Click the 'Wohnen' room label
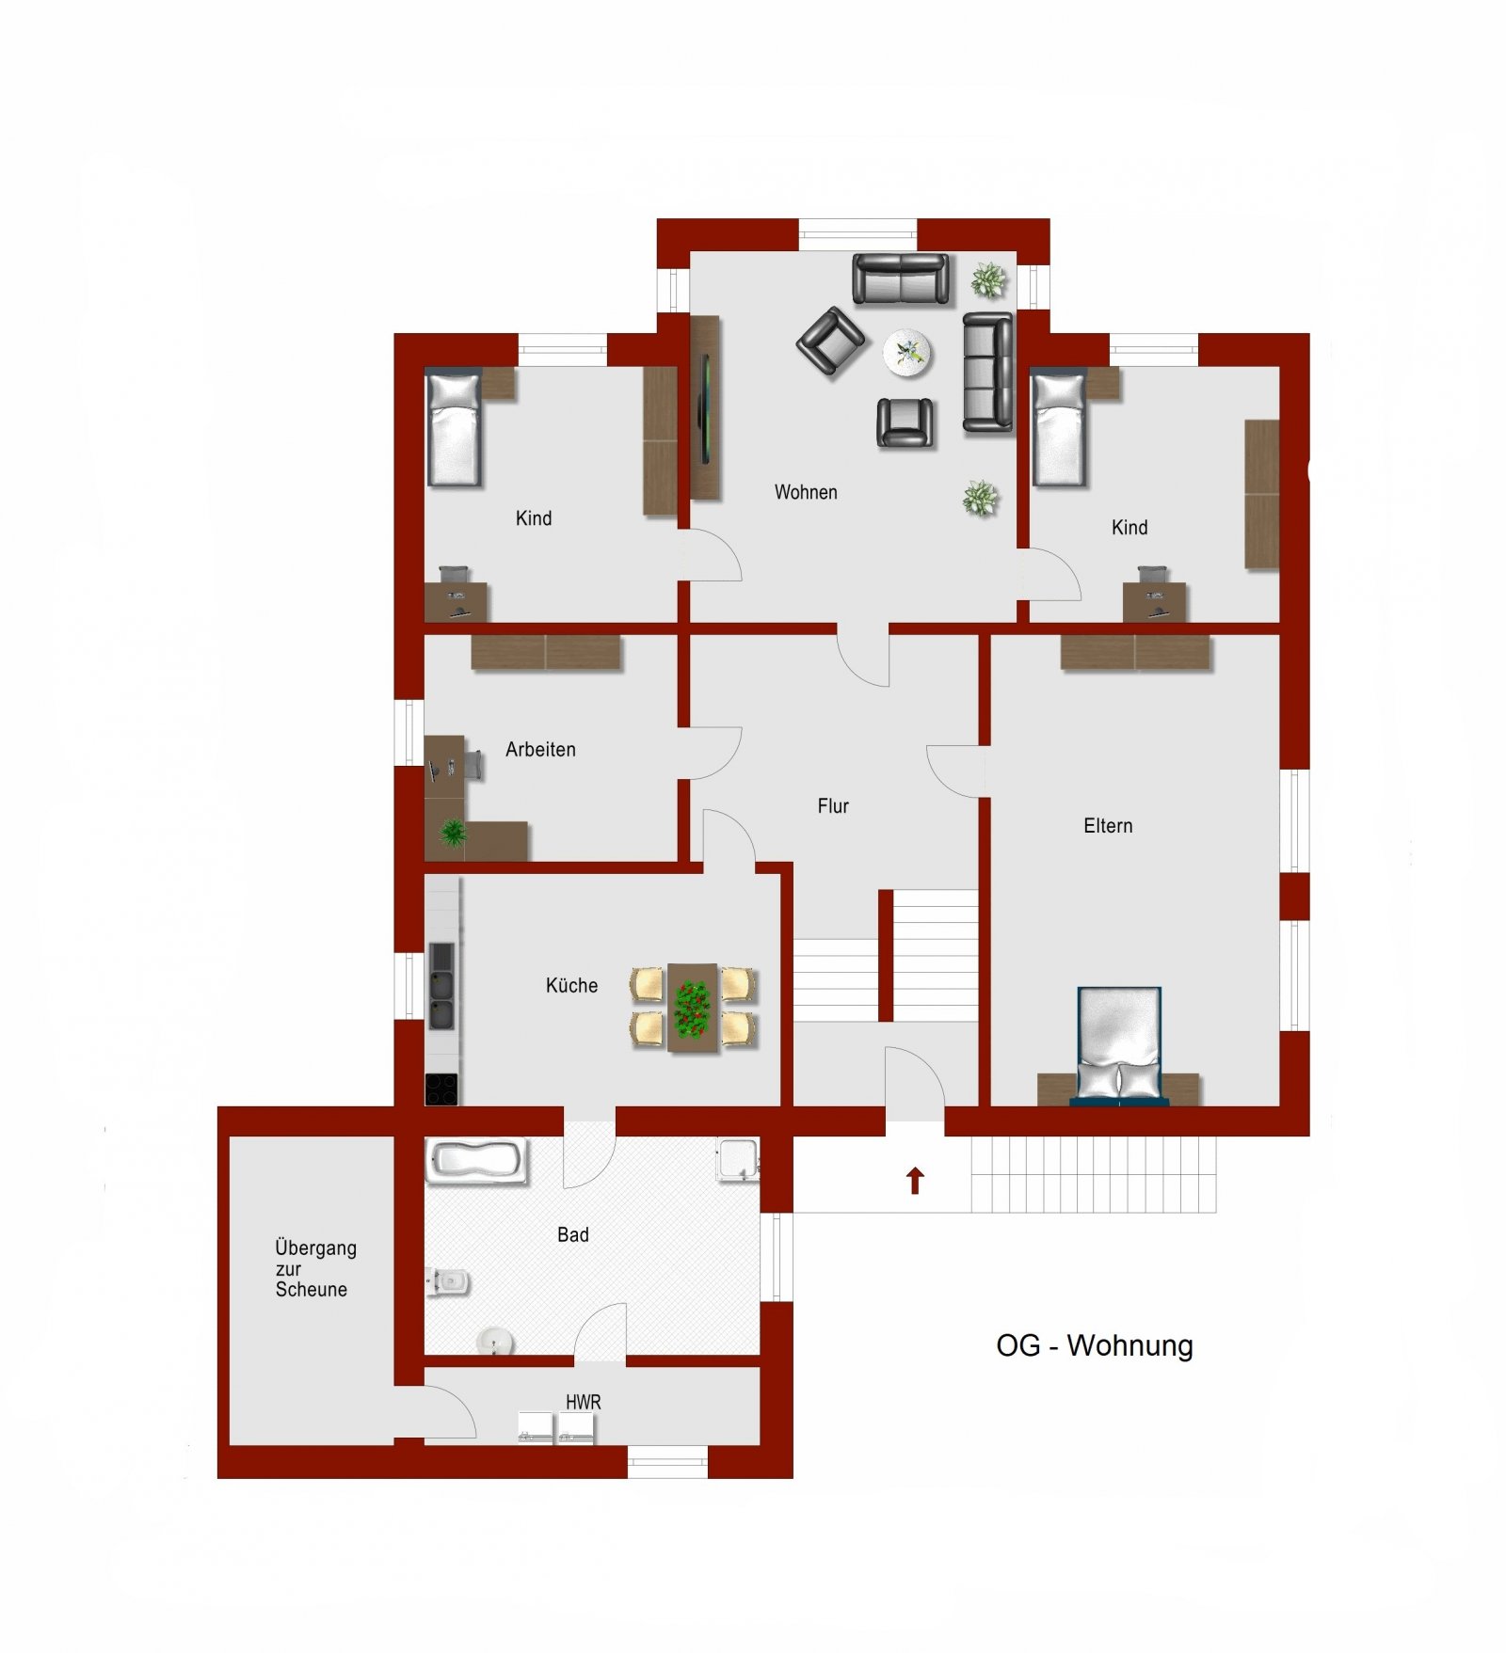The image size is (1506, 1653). (x=806, y=492)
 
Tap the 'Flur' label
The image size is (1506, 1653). (x=833, y=806)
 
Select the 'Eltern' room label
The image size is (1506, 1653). (x=1108, y=826)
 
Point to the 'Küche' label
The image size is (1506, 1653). (x=571, y=986)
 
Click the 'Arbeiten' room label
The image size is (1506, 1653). (x=540, y=750)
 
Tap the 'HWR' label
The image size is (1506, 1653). (x=583, y=1402)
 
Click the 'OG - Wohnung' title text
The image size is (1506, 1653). (x=1094, y=1345)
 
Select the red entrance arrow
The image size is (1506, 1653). (x=915, y=1180)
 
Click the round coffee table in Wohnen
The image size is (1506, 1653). (x=907, y=354)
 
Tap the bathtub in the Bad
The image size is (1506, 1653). (x=476, y=1160)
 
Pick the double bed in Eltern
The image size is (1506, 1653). (x=1119, y=1044)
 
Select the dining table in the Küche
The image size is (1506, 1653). (x=693, y=1007)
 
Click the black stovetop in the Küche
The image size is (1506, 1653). (x=441, y=1089)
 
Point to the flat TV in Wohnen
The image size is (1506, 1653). (x=703, y=406)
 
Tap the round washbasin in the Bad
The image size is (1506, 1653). (x=493, y=1340)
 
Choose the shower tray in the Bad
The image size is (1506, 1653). (x=737, y=1159)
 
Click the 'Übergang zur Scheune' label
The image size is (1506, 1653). (x=314, y=1268)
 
